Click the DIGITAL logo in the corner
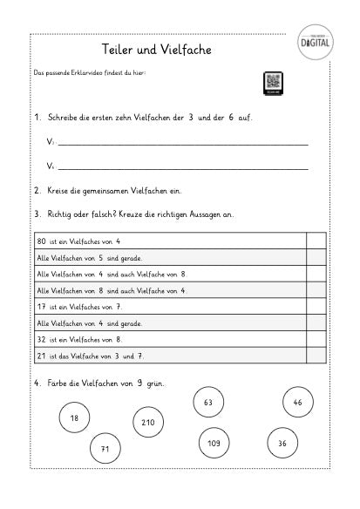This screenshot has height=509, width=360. (x=317, y=41)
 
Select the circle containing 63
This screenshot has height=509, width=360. (x=207, y=403)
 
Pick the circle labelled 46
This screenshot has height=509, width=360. (x=298, y=403)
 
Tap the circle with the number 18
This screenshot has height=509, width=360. (x=74, y=418)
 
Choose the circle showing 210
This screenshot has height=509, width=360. (x=147, y=423)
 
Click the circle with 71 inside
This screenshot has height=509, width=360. (x=105, y=449)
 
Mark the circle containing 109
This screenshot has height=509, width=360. (x=214, y=443)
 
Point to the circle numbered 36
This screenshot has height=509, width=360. (x=282, y=443)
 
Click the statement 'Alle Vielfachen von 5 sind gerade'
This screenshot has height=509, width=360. (x=89, y=258)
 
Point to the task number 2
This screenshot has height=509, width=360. (x=37, y=190)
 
